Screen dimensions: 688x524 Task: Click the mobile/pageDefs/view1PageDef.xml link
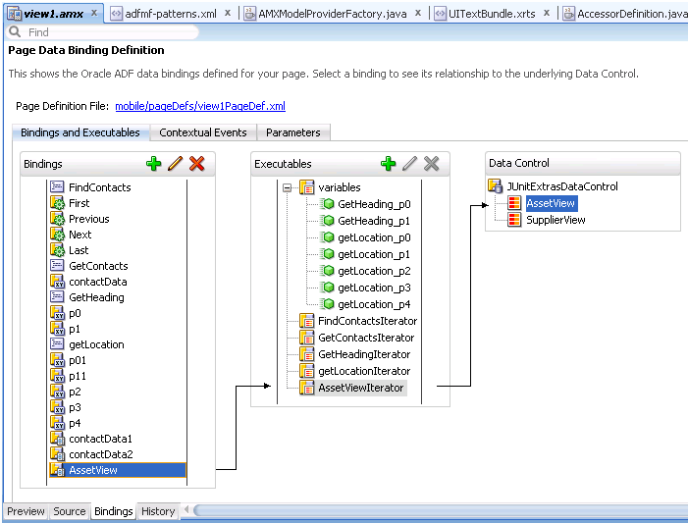[200, 106]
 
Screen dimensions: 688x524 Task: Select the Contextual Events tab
[203, 132]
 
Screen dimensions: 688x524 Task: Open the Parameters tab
[293, 132]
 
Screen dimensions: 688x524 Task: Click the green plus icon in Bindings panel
[153, 164]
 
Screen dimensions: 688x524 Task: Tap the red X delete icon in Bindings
[197, 164]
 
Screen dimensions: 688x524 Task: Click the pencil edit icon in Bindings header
[175, 164]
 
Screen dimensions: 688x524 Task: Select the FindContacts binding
[99, 187]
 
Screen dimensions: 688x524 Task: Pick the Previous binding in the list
[89, 219]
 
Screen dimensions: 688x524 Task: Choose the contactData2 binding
[101, 454]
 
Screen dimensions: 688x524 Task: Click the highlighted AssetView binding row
[118, 470]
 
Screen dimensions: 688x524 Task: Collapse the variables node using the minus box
[287, 187]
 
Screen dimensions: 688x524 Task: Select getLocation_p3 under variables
[374, 288]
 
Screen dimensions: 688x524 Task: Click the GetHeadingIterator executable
[364, 354]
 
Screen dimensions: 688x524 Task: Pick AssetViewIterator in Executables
[360, 388]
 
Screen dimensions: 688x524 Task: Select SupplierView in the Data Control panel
[556, 220]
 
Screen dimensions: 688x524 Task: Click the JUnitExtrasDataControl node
[562, 186]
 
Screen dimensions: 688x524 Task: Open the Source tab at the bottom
[70, 511]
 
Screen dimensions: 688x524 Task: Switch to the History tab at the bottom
[158, 511]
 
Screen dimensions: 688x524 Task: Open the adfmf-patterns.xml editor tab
[171, 14]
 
